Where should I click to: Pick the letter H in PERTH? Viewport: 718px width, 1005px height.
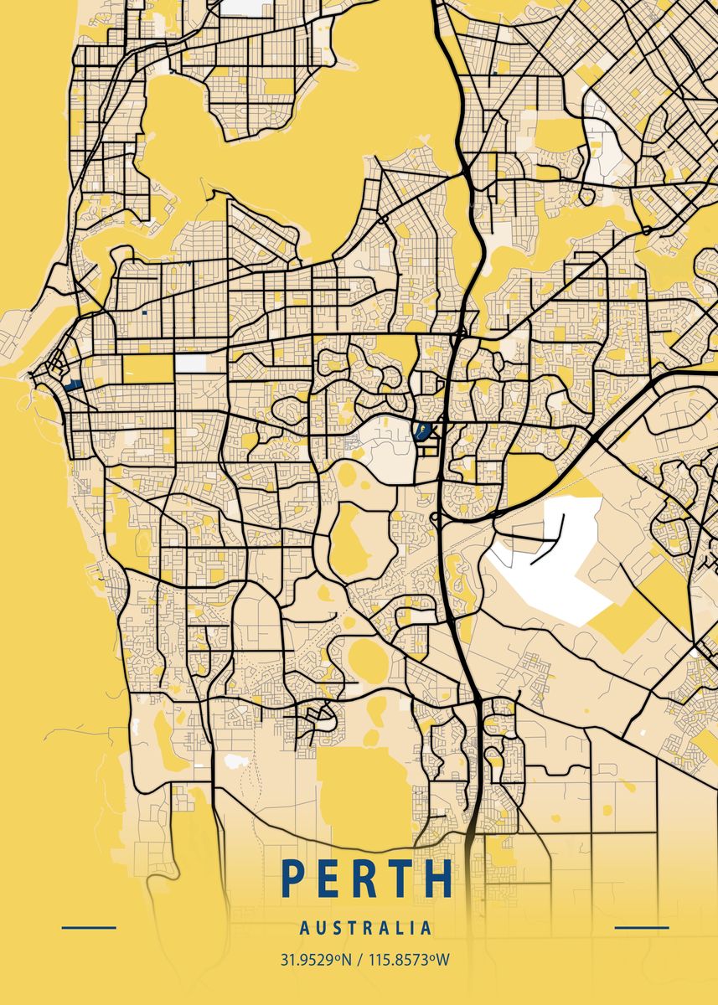(438, 878)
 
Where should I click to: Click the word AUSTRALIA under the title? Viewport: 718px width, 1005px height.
(366, 928)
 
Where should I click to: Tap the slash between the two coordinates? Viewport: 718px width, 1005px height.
(360, 960)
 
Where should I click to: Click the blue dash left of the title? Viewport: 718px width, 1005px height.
(89, 928)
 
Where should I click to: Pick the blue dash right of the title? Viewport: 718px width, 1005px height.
(642, 928)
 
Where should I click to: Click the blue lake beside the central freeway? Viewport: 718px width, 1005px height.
(421, 431)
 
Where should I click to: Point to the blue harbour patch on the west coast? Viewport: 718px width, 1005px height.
(73, 385)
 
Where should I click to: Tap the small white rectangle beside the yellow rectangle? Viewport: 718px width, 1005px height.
(189, 363)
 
